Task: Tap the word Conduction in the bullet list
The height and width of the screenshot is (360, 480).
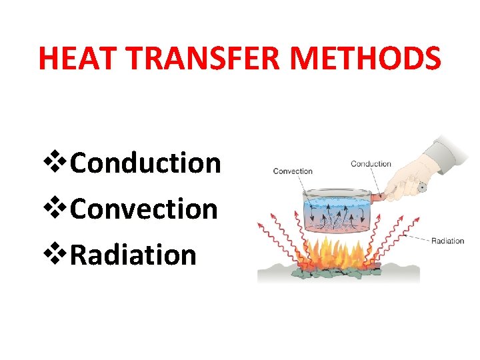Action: coord(145,162)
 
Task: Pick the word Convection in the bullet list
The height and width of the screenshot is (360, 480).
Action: coord(143,209)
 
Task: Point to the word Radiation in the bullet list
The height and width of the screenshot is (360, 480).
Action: coord(133,255)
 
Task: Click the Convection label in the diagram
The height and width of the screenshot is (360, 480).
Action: coord(292,171)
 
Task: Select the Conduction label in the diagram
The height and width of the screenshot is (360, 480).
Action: coord(371,164)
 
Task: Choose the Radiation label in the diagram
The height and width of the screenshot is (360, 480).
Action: coord(447,241)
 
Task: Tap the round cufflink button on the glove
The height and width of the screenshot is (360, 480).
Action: coord(421,188)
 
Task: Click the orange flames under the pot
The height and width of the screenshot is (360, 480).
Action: coord(333,253)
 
